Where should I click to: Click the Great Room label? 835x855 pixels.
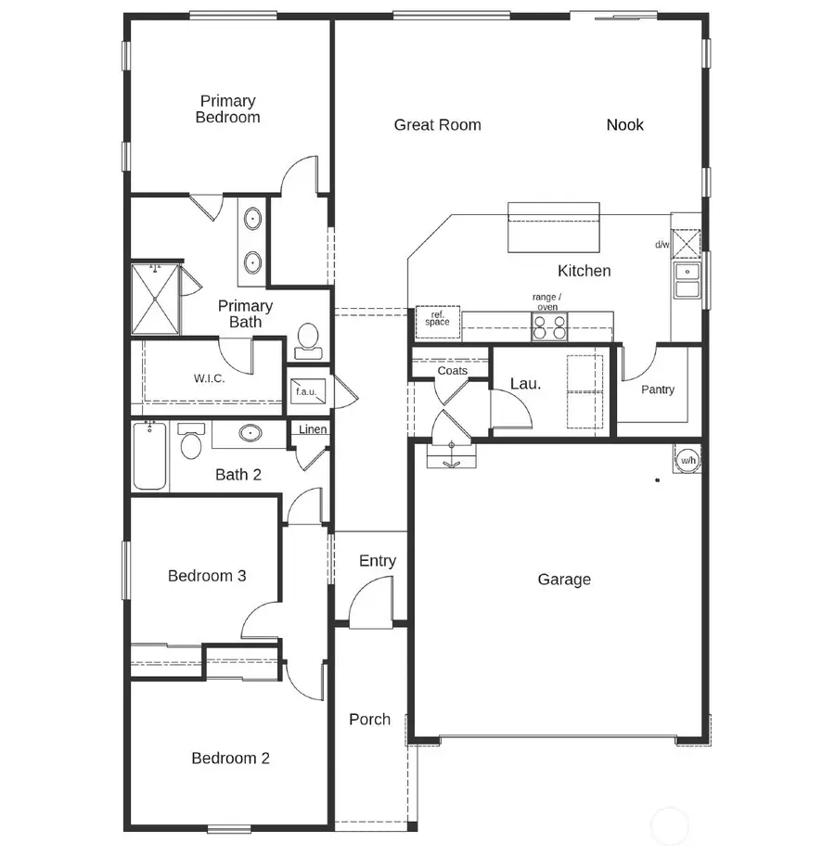[x=437, y=125]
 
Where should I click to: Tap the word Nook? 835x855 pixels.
[x=624, y=125]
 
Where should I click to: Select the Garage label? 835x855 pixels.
[x=564, y=580]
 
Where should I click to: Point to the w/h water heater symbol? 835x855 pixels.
[x=687, y=460]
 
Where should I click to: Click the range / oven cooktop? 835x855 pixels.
[x=549, y=325]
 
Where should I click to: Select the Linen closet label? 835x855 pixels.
[x=313, y=429]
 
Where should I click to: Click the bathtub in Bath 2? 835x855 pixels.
[x=149, y=456]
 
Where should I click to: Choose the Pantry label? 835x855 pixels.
[x=658, y=389]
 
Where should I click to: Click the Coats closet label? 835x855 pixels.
[x=452, y=371]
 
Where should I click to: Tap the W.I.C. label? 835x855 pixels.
[x=209, y=378]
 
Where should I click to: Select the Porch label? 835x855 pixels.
[x=369, y=720]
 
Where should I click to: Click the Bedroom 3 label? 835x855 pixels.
[x=207, y=576]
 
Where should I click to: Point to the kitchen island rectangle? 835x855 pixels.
[x=553, y=228]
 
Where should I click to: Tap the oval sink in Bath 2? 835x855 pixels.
[x=250, y=433]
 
